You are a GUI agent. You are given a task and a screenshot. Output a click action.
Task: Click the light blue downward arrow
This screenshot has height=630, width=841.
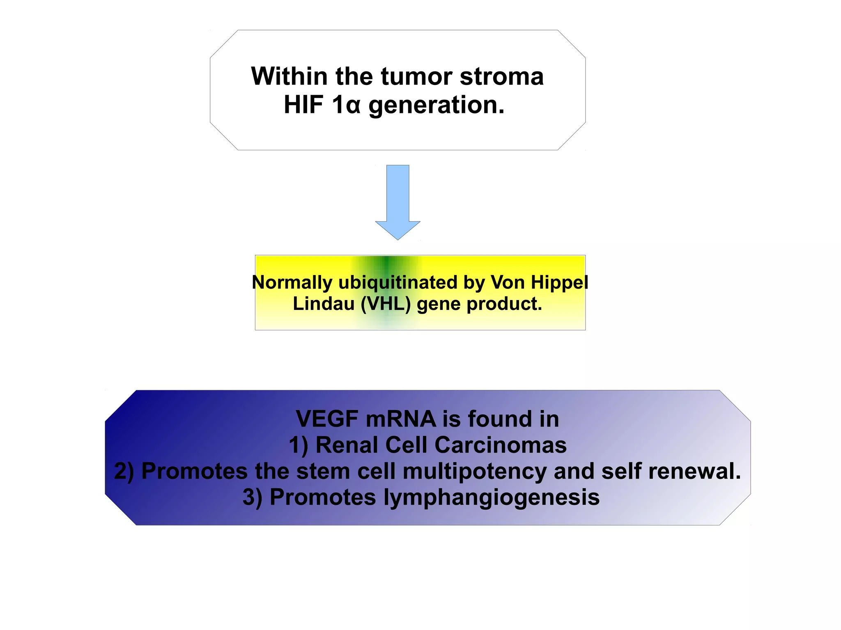[x=398, y=201]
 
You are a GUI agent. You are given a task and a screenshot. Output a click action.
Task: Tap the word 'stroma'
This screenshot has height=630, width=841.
[x=501, y=76]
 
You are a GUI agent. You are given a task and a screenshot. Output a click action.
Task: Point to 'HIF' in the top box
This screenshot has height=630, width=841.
[x=303, y=105]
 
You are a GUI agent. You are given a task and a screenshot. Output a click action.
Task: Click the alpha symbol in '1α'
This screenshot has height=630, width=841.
[x=353, y=106]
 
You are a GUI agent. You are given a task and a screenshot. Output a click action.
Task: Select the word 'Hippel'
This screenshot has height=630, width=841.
[x=559, y=282]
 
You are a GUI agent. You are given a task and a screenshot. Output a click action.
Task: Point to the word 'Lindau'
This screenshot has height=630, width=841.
[x=324, y=304]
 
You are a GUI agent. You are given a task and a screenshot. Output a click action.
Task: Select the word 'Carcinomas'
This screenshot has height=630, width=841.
[x=500, y=445]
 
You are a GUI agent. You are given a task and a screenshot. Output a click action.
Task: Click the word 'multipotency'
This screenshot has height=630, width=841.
[x=474, y=472]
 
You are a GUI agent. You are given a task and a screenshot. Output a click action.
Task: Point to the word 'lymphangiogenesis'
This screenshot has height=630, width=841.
[x=492, y=497]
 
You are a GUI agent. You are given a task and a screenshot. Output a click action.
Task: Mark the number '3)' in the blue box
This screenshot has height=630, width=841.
[x=252, y=497]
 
